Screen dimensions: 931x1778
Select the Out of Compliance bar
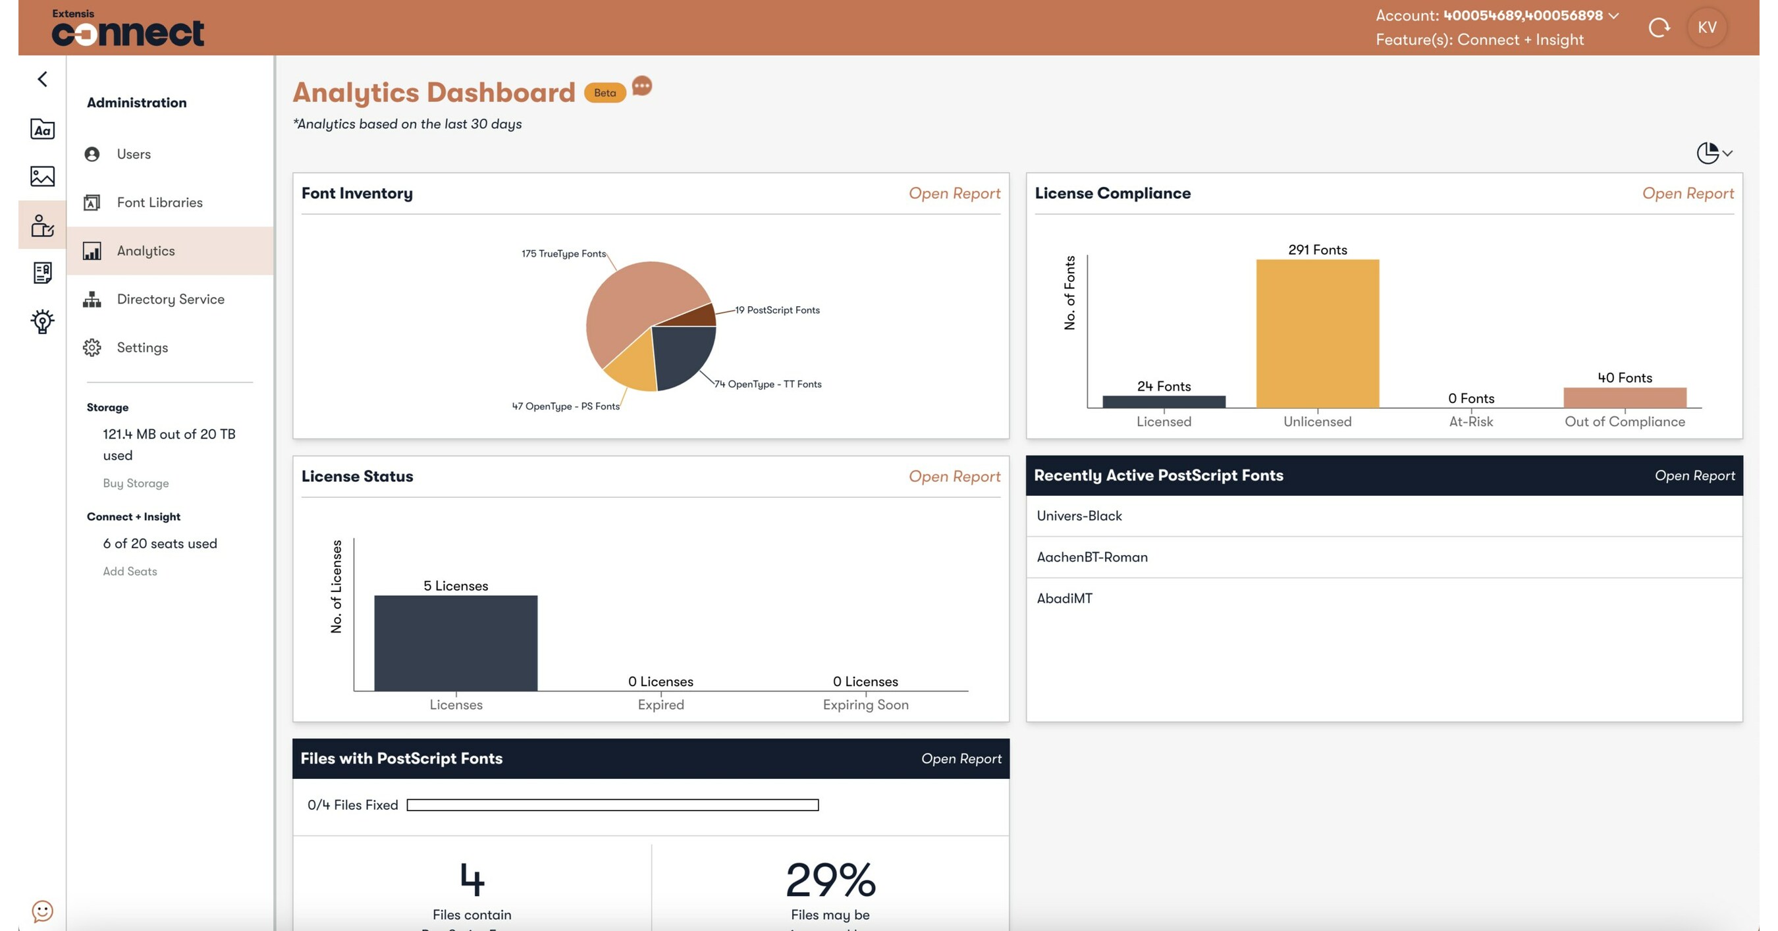click(1624, 398)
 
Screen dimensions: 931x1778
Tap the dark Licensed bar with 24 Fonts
click(1164, 402)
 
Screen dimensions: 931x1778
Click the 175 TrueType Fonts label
click(563, 253)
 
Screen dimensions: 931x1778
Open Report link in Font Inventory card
click(954, 193)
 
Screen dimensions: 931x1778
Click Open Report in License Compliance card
click(1687, 193)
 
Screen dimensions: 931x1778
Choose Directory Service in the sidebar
click(170, 299)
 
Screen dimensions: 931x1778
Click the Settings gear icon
click(92, 347)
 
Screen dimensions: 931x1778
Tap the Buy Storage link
click(136, 483)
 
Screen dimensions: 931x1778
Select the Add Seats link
click(130, 572)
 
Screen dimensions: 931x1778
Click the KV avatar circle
click(1706, 28)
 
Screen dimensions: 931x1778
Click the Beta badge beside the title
click(605, 92)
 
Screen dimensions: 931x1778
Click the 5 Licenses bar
click(456, 643)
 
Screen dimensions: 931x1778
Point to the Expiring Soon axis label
click(865, 705)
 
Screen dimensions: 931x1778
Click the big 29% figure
click(830, 880)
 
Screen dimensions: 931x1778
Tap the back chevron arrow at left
click(42, 78)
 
